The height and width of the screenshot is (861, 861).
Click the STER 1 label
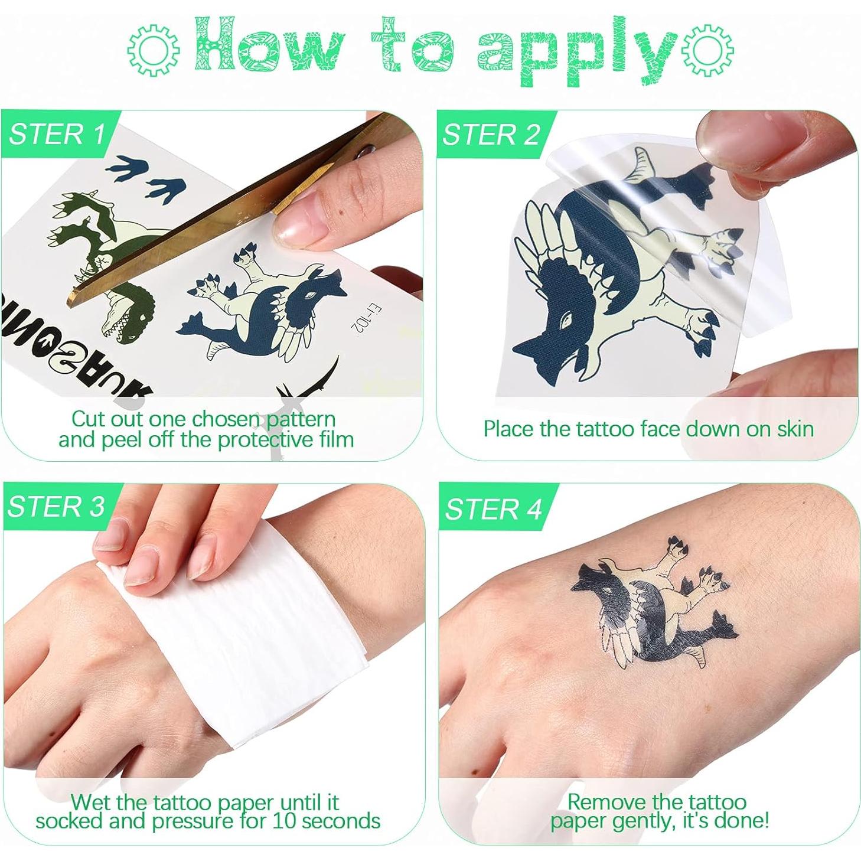[57, 134]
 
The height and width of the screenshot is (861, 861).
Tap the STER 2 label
[491, 135]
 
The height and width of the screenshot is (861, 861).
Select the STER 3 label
[56, 507]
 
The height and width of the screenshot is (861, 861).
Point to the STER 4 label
[494, 509]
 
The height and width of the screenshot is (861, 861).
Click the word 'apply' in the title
[576, 52]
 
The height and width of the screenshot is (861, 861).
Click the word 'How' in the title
[269, 47]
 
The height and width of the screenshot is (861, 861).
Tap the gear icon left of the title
[153, 50]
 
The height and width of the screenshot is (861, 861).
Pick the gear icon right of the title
[707, 50]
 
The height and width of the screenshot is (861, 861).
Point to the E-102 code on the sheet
[359, 319]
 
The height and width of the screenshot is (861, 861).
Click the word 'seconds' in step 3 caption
[341, 821]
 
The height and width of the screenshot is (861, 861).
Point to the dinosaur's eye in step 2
[568, 319]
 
